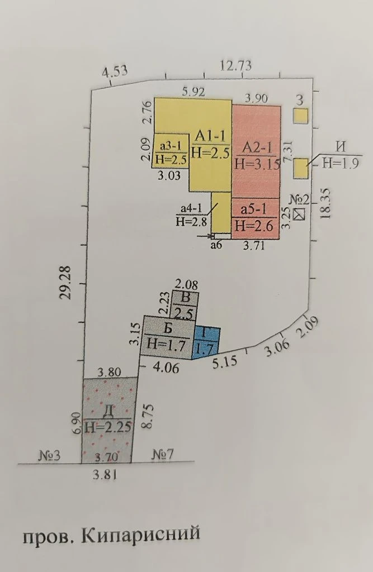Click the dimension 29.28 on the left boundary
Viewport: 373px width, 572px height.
pos(66,283)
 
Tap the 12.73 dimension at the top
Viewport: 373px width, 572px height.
pos(235,66)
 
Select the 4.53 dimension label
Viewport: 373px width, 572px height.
pos(115,71)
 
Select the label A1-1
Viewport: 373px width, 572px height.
pos(210,135)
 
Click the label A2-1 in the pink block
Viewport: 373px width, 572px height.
pos(258,147)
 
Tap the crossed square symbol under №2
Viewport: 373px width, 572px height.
pos(300,214)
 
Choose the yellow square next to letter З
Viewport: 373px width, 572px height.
pos(301,116)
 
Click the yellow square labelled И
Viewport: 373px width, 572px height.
pos(301,168)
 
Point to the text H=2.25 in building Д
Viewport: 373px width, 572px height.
pos(108,426)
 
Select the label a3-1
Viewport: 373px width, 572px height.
pos(171,146)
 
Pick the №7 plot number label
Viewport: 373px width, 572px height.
pos(163,454)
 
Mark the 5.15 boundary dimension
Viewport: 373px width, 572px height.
pos(225,362)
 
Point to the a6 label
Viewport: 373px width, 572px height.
pos(216,245)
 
